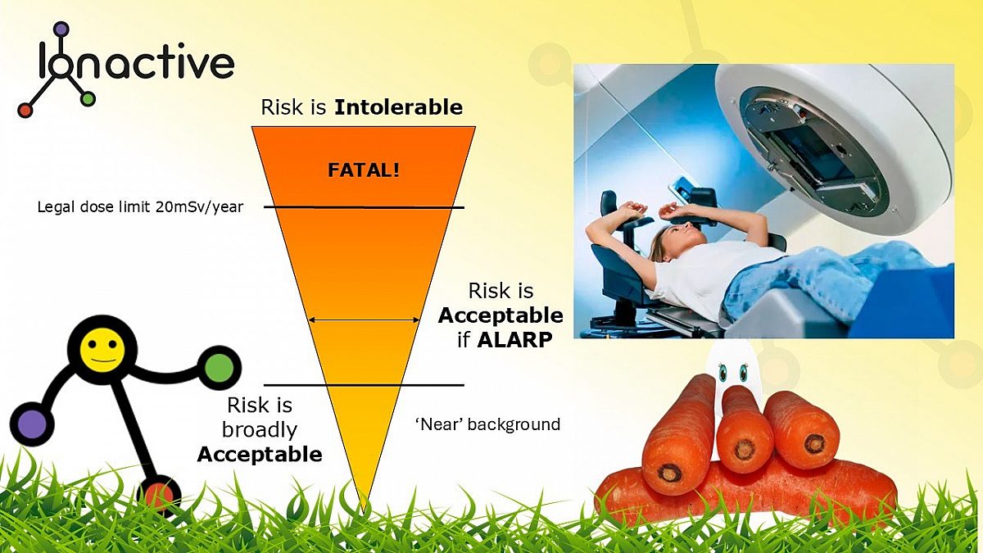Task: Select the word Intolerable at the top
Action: point(398,107)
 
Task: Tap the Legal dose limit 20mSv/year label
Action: point(140,206)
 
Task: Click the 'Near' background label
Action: point(488,424)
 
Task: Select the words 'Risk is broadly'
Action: point(260,417)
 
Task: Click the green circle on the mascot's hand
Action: point(219,366)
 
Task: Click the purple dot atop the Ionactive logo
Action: point(61,30)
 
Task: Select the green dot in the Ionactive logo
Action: point(88,99)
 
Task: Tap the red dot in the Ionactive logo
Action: point(25,110)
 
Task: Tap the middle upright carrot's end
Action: point(745,448)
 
